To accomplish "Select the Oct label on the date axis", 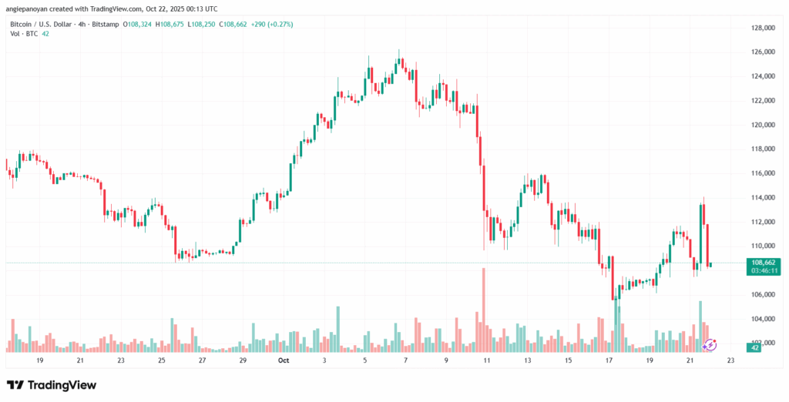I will point(284,360).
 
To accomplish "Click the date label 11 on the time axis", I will point(486,360).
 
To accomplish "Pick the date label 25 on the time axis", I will point(162,360).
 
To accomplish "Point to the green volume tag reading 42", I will point(755,348).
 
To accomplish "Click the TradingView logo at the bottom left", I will point(52,384).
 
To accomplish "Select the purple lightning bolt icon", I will point(710,345).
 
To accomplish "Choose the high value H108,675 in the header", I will point(172,24).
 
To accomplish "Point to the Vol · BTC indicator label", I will point(22,34).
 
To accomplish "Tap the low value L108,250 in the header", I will point(203,24).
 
